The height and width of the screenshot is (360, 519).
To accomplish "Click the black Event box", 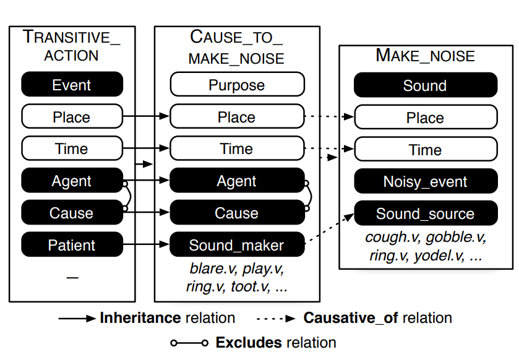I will pyautogui.click(x=72, y=85).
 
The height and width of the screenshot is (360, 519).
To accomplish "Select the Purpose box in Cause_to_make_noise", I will pyautogui.click(x=237, y=85).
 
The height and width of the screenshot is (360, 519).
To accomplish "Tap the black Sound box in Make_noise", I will pyautogui.click(x=425, y=85).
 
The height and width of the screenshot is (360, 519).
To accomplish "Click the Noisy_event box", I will pyautogui.click(x=425, y=182).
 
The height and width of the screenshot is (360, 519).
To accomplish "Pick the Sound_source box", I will pyautogui.click(x=425, y=214).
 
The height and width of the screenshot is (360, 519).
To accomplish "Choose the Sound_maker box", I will pyautogui.click(x=237, y=246).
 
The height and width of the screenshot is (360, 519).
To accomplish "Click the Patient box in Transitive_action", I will pyautogui.click(x=72, y=246).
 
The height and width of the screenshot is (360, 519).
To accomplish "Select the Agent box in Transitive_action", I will pyautogui.click(x=72, y=181).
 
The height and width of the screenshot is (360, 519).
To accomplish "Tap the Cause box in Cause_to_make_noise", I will pyautogui.click(x=237, y=213).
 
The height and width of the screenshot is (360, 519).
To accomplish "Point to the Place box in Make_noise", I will pyautogui.click(x=425, y=118).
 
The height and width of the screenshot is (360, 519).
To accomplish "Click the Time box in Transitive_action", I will pyautogui.click(x=72, y=149).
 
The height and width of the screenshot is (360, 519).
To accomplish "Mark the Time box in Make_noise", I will pyautogui.click(x=425, y=150).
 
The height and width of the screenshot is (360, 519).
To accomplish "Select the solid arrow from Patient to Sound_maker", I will pyautogui.click(x=146, y=246).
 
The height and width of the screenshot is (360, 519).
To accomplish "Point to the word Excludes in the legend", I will pyautogui.click(x=245, y=343).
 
